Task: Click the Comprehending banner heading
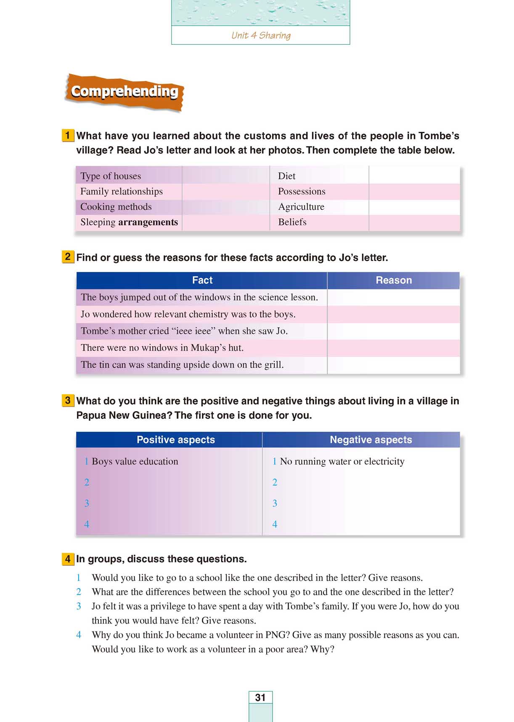coord(125,91)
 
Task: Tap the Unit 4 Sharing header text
coord(261,35)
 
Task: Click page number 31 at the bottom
coord(260,698)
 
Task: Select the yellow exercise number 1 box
coord(67,136)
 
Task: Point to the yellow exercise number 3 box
coord(67,400)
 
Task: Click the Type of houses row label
coord(111,176)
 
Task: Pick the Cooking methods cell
coord(116,206)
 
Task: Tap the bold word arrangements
coord(148,222)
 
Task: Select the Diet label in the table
coord(286,176)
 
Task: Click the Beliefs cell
coord(292,222)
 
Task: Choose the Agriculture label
coord(301,206)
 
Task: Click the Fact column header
coord(202,280)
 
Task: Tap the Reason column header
coord(394,280)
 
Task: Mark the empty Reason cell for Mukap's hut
coord(393,348)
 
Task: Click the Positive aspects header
coord(176,440)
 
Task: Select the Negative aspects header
coord(371,440)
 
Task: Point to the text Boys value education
coord(135,461)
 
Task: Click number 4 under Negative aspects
coord(275,524)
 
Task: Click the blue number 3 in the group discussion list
coord(79,606)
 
